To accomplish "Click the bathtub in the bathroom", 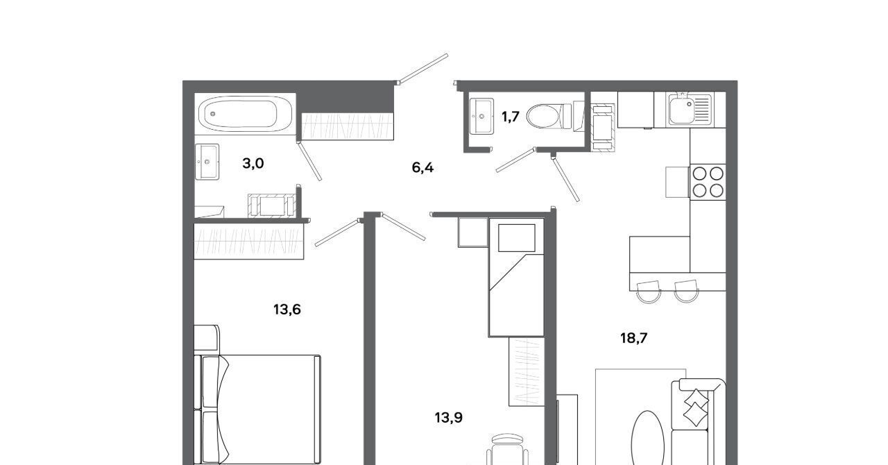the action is pos(245,114).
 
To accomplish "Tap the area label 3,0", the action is pos(253,163).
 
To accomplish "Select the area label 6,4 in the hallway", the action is pos(422,167).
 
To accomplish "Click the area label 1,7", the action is pos(510,117).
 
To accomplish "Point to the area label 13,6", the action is pos(287,309).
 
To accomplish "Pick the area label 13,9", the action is pos(448,417).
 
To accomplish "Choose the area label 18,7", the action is pos(633,338).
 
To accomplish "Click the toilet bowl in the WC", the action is pos(549,116).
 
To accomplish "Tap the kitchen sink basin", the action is pos(682,110).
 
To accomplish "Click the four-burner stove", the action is pos(708,182).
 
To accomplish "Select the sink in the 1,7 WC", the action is pos(481,117).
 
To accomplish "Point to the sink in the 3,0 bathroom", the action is pos(207,162).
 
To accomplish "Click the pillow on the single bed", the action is pos(517,237).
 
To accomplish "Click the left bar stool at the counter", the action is pos(649,291).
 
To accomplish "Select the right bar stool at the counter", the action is pos(686,291).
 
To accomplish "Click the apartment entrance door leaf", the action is pos(423,69).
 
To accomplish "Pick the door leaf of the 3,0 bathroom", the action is pos(309,162).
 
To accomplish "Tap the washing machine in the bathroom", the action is pos(272,206).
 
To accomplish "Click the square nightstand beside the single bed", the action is pos(473,232).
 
